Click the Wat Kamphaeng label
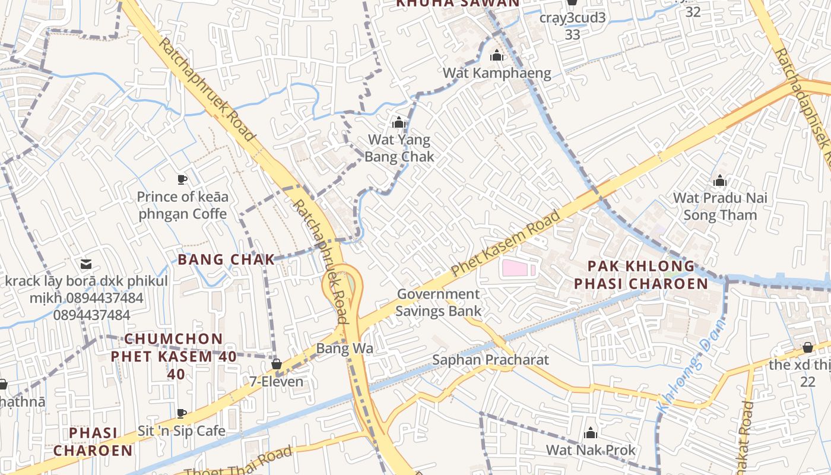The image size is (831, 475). [x=497, y=73]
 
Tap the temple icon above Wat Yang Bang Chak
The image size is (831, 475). [x=399, y=123]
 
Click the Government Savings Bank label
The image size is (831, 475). [x=439, y=302]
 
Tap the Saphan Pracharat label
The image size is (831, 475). [x=490, y=360]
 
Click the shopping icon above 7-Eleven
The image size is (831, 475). [x=276, y=364]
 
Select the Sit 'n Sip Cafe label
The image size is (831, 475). [x=182, y=430]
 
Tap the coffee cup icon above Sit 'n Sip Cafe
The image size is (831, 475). [x=182, y=413]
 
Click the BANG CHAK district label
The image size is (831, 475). [x=226, y=259]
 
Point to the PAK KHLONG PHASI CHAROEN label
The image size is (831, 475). [x=641, y=274]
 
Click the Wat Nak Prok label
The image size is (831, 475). [x=591, y=450]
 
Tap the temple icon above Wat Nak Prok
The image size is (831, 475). [x=591, y=433]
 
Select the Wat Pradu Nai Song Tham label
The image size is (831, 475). [x=720, y=206]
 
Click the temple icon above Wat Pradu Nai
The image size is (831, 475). [x=720, y=180]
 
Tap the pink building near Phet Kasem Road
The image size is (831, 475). [x=515, y=269]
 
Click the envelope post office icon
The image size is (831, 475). [x=86, y=264]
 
